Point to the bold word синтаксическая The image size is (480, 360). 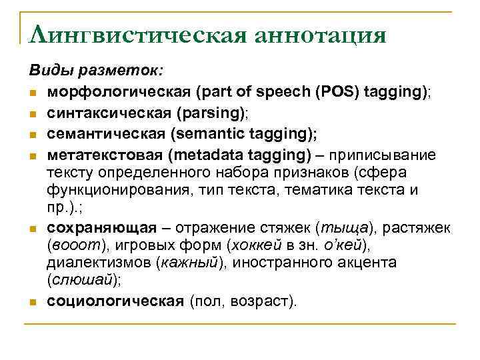100,112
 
